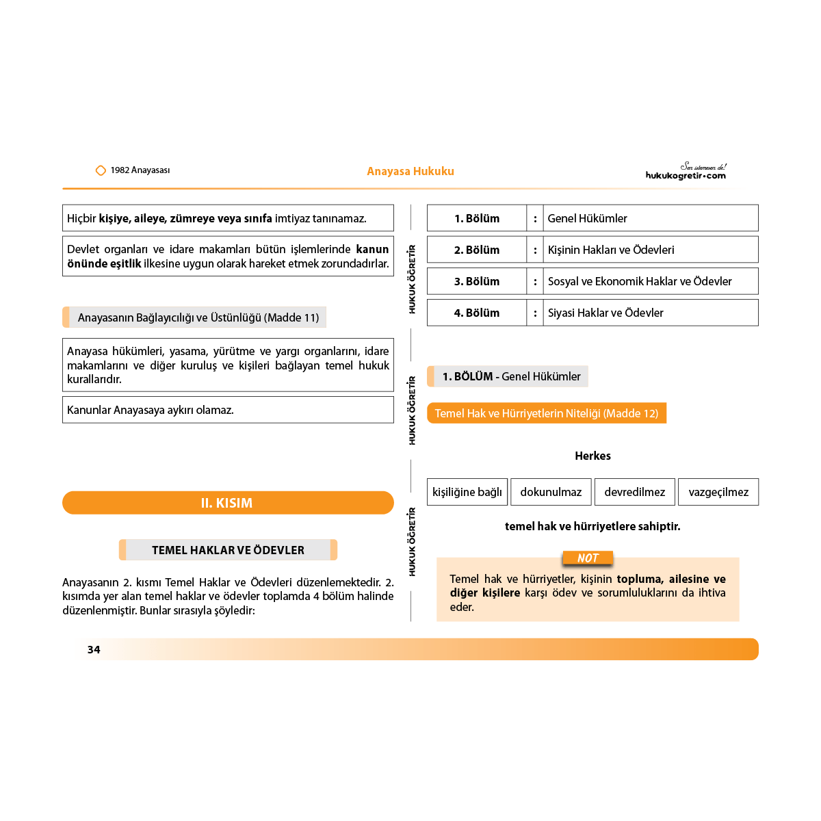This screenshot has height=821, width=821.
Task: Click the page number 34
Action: point(94,649)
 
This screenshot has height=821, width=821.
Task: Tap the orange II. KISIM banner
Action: point(228,503)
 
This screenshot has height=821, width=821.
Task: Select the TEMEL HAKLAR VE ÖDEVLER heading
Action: point(228,550)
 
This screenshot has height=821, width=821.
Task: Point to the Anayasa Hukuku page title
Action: point(410,171)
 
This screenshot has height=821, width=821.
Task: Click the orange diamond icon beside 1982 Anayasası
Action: point(101,170)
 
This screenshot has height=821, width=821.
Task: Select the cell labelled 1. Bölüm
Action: point(477,218)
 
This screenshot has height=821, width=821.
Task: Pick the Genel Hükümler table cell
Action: point(650,218)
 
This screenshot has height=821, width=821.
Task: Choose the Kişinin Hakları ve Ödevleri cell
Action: point(650,250)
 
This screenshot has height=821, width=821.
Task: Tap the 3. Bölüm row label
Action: point(477,281)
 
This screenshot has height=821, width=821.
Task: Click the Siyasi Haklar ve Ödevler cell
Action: point(650,313)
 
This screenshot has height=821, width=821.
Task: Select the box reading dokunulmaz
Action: point(551,492)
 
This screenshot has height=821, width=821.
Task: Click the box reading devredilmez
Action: point(634,492)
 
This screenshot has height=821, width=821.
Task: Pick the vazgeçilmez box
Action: point(718,492)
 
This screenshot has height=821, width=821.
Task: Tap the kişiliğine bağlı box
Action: point(467,492)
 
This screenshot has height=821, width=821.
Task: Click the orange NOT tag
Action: point(588,558)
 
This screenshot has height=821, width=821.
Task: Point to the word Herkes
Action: point(592,456)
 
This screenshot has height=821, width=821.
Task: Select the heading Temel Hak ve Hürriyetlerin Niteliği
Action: point(547,413)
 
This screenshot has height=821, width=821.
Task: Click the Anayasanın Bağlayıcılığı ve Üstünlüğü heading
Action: point(198,317)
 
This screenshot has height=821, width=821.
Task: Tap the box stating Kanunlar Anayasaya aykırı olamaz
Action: point(228,410)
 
